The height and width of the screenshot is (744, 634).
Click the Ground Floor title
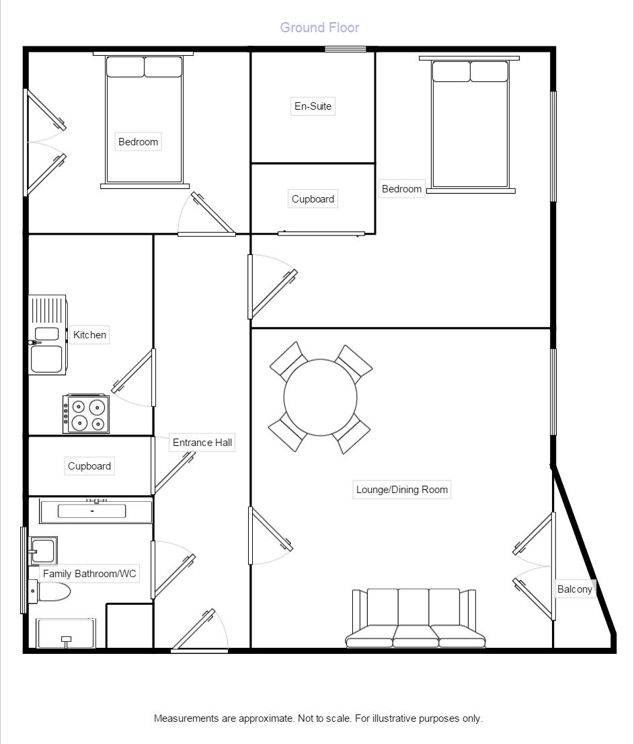(319, 28)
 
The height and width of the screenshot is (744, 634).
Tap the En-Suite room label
(313, 106)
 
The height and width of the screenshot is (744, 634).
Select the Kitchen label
(89, 335)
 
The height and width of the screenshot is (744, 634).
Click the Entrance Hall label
(202, 443)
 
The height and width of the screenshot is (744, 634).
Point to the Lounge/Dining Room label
(402, 490)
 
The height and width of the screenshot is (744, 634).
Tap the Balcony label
(575, 589)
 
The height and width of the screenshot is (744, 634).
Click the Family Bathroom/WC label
(89, 574)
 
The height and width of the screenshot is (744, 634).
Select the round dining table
(321, 397)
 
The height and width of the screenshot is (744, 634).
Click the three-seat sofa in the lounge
(415, 619)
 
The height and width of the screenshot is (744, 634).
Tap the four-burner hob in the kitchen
(86, 414)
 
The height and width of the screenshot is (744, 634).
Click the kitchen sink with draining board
(47, 334)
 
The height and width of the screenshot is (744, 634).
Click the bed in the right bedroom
(469, 125)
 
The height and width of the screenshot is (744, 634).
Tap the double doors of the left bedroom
(44, 143)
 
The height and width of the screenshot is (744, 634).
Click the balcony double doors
(536, 566)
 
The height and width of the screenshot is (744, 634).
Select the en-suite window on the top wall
(346, 49)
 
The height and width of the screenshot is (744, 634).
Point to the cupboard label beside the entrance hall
(89, 466)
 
